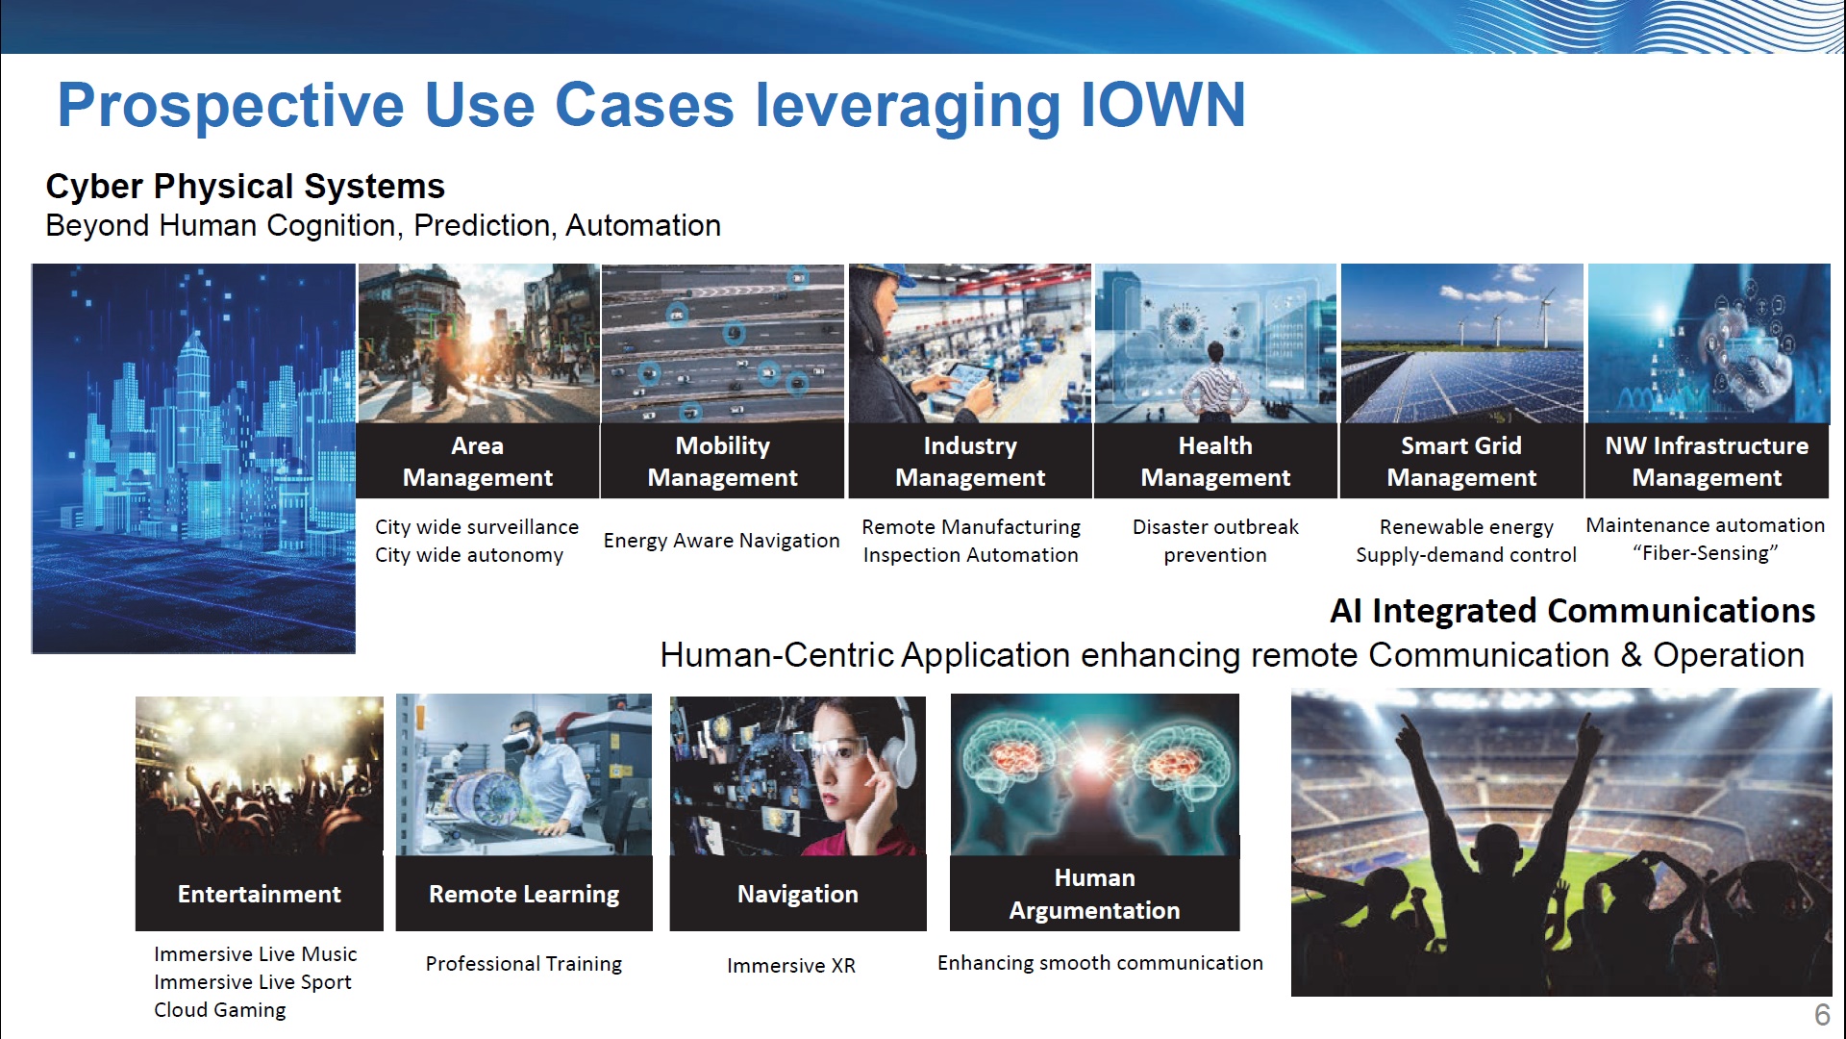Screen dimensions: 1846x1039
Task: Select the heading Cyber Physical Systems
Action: point(245,186)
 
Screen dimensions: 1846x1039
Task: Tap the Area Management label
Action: point(478,461)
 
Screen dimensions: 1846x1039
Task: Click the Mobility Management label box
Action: point(723,461)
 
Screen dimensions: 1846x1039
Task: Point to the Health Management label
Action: point(1215,461)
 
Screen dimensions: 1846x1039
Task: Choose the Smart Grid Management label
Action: point(1461,461)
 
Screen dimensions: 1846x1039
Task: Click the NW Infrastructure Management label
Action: point(1707,461)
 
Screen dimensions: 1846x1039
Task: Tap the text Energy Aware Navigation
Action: point(721,541)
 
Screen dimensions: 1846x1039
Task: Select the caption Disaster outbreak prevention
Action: point(1215,541)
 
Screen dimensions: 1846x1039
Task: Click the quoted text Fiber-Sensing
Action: point(1706,553)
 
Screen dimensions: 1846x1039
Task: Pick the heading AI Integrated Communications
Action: point(1572,611)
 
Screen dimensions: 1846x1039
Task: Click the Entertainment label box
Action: point(260,894)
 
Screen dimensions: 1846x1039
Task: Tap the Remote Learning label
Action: point(524,894)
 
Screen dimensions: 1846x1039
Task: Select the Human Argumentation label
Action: point(1094,894)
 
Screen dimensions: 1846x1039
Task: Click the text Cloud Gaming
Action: point(220,1010)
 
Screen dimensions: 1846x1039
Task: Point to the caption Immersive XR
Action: point(791,966)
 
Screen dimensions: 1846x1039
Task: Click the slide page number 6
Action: point(1822,1014)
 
